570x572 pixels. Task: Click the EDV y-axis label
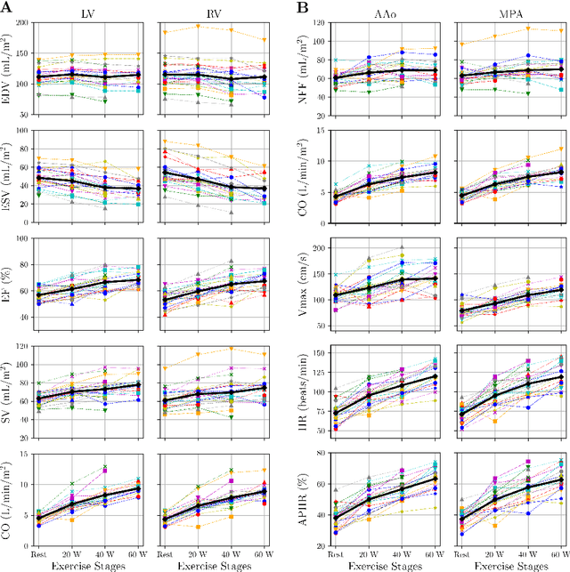9,77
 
